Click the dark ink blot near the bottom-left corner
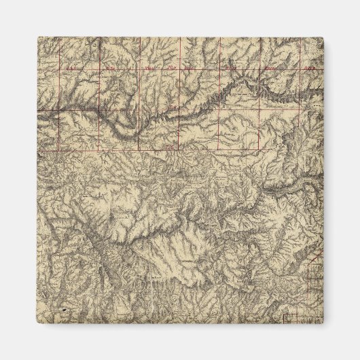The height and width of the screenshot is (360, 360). (65, 309)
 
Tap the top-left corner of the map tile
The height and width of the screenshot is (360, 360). (37, 37)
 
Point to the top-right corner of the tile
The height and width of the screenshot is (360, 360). (324, 37)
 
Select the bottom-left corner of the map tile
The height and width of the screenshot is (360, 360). (37, 324)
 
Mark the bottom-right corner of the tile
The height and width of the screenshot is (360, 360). (324, 324)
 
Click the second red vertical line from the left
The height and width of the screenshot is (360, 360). (100, 88)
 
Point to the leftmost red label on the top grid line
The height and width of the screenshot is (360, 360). (71, 68)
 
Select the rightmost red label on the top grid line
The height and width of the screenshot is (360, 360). (309, 68)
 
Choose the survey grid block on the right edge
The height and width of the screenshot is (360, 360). (316, 275)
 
